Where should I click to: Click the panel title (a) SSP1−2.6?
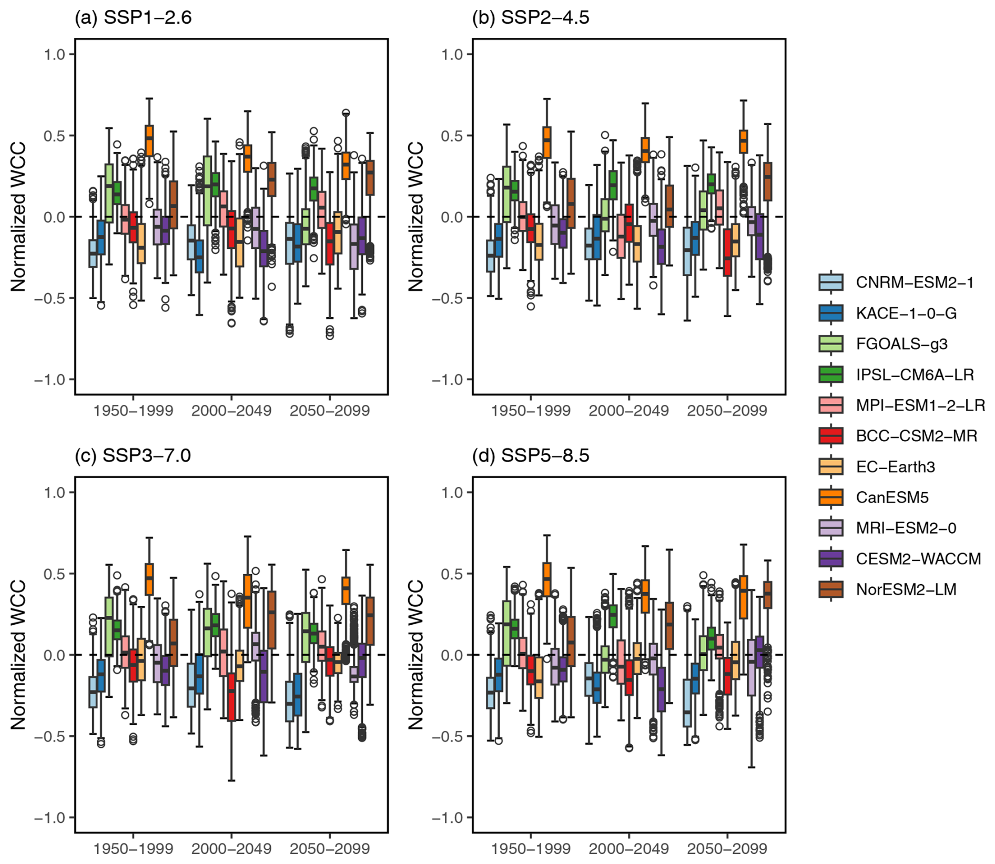(x=133, y=18)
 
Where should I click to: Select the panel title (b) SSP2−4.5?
(x=531, y=18)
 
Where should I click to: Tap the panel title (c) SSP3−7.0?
(x=133, y=455)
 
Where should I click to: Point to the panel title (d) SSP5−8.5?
(x=531, y=455)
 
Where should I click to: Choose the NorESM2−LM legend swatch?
(x=831, y=589)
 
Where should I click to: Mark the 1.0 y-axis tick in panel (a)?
(x=54, y=55)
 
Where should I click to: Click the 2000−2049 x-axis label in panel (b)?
(x=628, y=411)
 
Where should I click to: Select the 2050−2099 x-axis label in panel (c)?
(x=330, y=849)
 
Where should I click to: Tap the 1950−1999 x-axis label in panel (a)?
(x=133, y=411)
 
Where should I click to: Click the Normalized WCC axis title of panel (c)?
(x=18, y=654)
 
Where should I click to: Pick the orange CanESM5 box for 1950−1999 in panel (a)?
(x=149, y=140)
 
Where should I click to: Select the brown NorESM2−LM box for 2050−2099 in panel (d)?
(x=768, y=595)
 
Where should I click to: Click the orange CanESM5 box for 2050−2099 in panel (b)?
(x=744, y=141)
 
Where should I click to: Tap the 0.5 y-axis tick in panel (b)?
(x=452, y=136)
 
